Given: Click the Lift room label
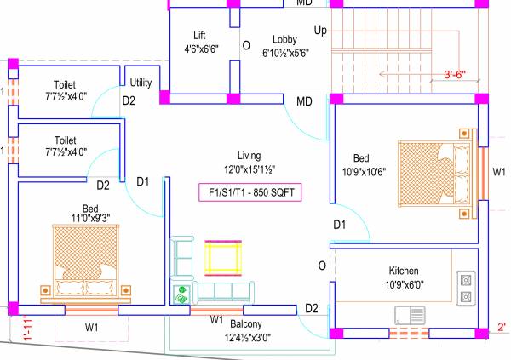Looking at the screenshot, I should click(199, 35).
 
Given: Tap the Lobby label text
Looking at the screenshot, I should click(284, 40).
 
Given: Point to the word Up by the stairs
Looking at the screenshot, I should click(320, 31).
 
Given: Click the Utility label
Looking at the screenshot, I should click(141, 83).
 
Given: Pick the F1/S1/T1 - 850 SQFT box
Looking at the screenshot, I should click(250, 191).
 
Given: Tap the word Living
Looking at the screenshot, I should click(249, 155).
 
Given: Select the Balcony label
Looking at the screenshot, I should click(245, 324).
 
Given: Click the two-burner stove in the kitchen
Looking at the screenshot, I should click(465, 289).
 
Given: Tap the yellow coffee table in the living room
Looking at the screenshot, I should click(225, 256).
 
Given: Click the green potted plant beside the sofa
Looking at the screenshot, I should click(181, 294).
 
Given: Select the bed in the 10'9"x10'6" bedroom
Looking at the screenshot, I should click(435, 168).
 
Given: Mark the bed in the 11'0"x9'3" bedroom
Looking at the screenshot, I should click(84, 260).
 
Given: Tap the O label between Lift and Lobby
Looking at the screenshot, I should click(245, 45).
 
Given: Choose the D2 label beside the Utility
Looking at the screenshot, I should click(129, 100).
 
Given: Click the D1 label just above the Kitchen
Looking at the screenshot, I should click(339, 225).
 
